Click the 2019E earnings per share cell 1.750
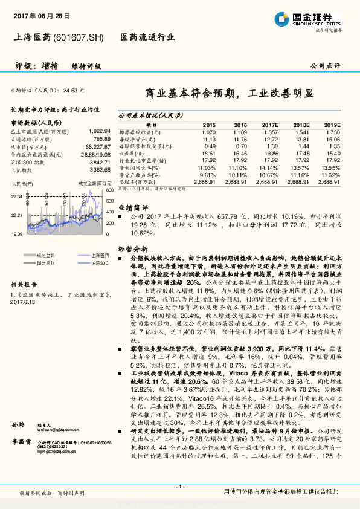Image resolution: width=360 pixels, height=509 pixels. point(333,132)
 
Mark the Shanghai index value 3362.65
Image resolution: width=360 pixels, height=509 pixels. point(100,170)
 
